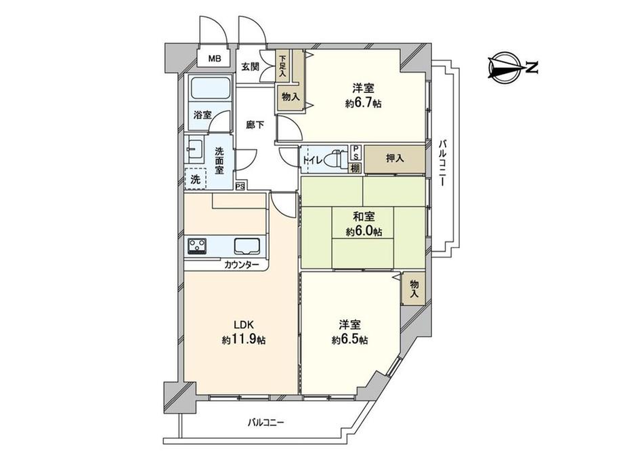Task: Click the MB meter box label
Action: tap(214, 59)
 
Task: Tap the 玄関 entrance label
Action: tap(250, 66)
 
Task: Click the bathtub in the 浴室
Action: tap(210, 90)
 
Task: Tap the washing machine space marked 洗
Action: tap(196, 180)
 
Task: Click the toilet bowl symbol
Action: tap(334, 160)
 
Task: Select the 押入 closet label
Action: tap(395, 159)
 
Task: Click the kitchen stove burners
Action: tap(197, 246)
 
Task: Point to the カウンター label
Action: tap(241, 264)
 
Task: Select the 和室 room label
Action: tap(364, 217)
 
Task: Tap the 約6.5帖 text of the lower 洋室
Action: tap(350, 339)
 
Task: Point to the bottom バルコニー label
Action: tap(266, 422)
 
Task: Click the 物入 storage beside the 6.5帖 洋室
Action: tap(414, 289)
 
